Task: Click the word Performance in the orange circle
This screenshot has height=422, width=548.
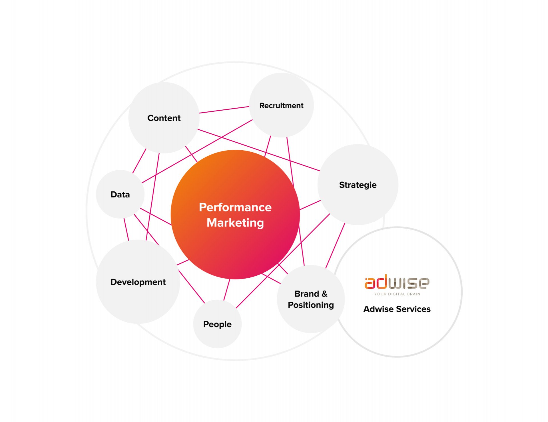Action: [235, 207]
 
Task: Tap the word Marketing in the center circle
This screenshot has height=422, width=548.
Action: [235, 223]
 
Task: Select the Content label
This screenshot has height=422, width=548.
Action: [164, 118]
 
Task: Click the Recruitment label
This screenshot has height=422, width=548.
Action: [281, 105]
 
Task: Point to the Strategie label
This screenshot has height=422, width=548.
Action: [358, 185]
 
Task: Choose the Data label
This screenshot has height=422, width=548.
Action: [120, 195]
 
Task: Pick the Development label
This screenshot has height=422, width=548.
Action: [138, 282]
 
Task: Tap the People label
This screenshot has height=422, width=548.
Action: [217, 324]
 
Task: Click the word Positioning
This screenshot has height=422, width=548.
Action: [311, 305]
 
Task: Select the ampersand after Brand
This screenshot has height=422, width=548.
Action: [324, 294]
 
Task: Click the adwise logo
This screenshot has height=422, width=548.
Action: [397, 281]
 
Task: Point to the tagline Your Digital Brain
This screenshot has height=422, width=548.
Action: [397, 294]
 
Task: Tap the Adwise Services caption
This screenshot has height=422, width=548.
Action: [397, 309]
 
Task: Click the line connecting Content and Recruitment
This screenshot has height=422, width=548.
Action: [224, 110]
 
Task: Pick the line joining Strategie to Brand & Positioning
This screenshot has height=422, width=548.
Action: [335, 245]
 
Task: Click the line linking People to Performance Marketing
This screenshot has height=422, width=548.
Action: [227, 289]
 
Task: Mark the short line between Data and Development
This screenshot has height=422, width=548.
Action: [126, 229]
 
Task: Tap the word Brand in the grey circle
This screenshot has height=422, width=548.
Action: [307, 294]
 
